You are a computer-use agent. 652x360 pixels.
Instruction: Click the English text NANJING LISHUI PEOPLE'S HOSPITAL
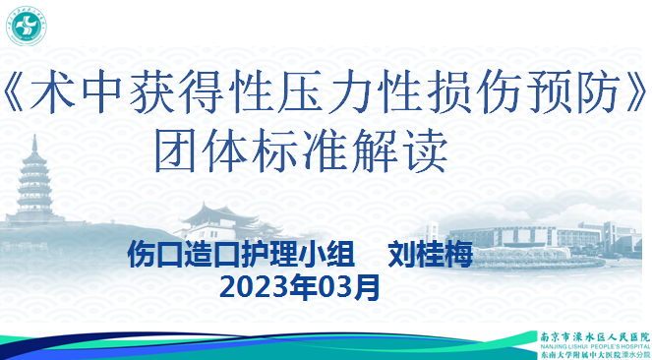(596, 345)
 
